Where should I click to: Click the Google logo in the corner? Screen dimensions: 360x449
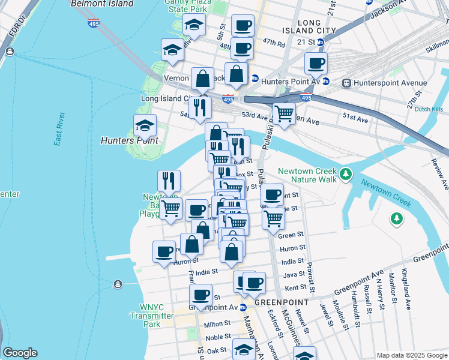coord(20,353)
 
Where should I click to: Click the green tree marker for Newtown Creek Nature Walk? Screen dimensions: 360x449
coord(345,175)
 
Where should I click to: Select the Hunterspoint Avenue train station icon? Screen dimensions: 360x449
coord(346,83)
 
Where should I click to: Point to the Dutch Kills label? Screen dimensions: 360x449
coord(428,110)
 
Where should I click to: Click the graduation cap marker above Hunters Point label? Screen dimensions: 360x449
coord(145,125)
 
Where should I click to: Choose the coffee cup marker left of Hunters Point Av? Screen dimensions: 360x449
coord(315,62)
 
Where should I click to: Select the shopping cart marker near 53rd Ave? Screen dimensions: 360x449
coord(284,113)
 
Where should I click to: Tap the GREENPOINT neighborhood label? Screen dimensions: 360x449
coord(282,302)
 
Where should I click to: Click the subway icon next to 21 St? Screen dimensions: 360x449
coord(321,43)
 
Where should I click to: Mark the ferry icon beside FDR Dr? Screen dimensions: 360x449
coord(10,52)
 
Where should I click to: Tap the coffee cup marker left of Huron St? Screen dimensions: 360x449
coord(164,251)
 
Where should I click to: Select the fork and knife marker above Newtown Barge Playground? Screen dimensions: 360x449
coord(169,181)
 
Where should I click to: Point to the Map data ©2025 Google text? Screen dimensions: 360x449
coord(411,355)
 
